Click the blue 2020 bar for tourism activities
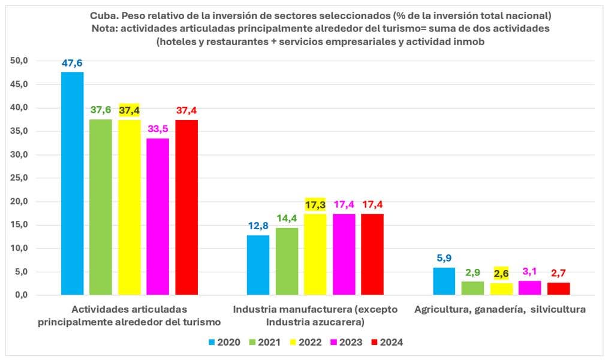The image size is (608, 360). pyautogui.click(x=73, y=183)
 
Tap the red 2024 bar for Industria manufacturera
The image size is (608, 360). pyautogui.click(x=372, y=254)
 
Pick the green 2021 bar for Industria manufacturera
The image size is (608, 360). pyautogui.click(x=287, y=261)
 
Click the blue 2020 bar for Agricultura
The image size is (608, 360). pyautogui.click(x=444, y=281)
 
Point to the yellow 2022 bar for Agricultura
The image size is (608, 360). pyautogui.click(x=501, y=289)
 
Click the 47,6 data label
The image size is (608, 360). pyautogui.click(x=73, y=63)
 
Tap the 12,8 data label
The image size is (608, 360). pyautogui.click(x=258, y=226)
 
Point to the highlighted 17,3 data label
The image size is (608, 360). pyautogui.click(x=315, y=205)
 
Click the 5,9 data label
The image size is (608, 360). pyautogui.click(x=444, y=259)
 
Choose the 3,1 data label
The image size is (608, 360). pyautogui.click(x=530, y=272)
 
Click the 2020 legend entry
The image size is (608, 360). pyautogui.click(x=224, y=343)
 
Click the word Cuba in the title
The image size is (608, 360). pyautogui.click(x=103, y=14)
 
